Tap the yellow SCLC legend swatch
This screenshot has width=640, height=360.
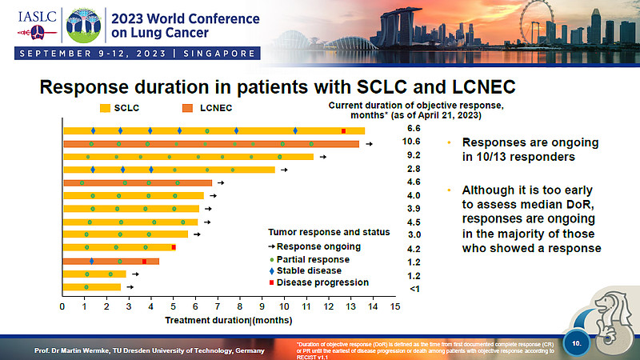[105, 107]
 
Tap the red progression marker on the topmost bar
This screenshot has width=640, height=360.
[343, 130]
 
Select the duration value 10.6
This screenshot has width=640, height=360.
[414, 142]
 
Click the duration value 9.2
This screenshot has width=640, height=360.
[414, 155]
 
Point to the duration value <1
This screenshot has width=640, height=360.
[414, 288]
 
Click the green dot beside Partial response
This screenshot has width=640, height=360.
[271, 258]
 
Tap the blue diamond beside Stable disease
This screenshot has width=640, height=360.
[271, 270]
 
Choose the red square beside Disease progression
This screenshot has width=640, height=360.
[271, 282]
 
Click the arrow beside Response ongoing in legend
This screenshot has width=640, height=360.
[271, 246]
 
